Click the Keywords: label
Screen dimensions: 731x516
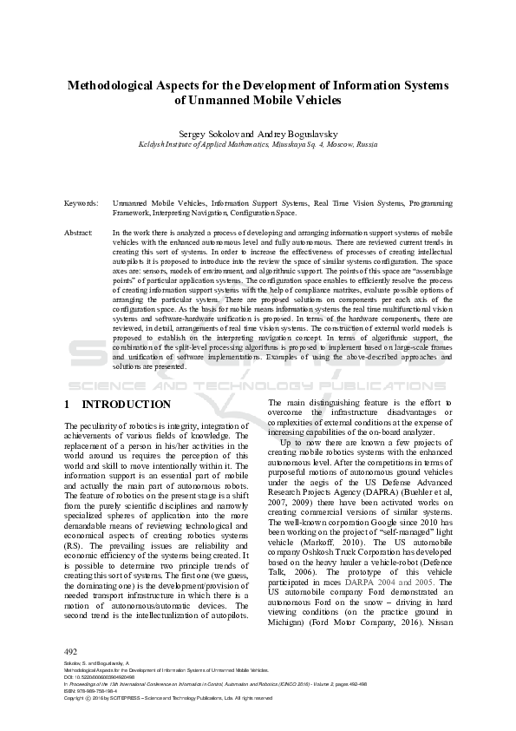pos(81,202)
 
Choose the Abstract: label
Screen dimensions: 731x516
pos(79,234)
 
